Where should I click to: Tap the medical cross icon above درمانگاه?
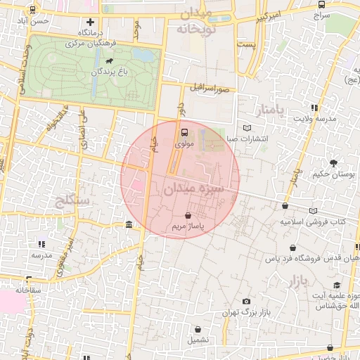point(89,22)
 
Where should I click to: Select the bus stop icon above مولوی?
point(185,131)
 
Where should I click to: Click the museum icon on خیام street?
point(128,224)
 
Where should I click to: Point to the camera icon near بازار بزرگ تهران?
point(245,302)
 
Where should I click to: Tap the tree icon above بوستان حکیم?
point(333,163)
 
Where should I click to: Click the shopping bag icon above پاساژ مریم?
point(188,216)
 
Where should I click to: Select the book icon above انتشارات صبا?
point(246,128)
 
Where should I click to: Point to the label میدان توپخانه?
point(204,22)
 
